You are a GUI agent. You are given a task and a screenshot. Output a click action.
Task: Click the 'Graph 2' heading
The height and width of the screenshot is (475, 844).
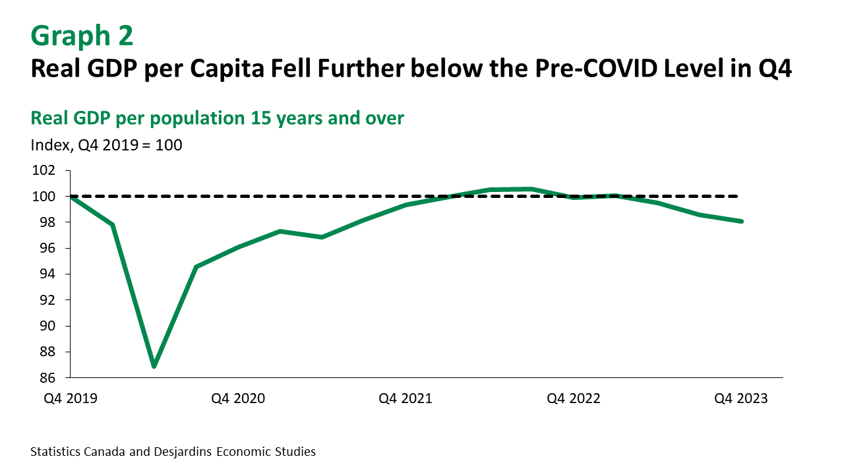pyautogui.click(x=82, y=36)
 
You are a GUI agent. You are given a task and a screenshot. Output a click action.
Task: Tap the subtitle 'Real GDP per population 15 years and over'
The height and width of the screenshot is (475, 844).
pyautogui.click(x=217, y=118)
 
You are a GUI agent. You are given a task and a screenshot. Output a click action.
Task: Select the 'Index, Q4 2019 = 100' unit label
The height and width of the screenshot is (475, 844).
pyautogui.click(x=106, y=144)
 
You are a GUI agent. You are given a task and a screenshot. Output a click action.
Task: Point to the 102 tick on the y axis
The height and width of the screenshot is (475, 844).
pyautogui.click(x=43, y=171)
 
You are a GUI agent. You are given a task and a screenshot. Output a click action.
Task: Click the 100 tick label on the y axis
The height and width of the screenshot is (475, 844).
pyautogui.click(x=43, y=197)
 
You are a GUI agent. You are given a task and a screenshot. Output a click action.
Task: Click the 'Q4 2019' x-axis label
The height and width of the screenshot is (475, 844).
pyautogui.click(x=70, y=398)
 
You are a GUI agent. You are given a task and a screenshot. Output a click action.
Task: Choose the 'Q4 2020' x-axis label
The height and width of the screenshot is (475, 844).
pyautogui.click(x=238, y=398)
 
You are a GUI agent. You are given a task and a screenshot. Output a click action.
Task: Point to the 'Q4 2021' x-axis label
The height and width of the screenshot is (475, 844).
pyautogui.click(x=406, y=398)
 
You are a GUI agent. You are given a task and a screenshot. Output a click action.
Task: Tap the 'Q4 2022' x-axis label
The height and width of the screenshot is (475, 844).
pyautogui.click(x=574, y=398)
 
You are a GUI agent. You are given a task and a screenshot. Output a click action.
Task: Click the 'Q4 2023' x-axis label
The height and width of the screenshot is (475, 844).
pyautogui.click(x=742, y=398)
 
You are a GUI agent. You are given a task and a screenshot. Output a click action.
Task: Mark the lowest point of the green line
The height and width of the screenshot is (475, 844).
pyautogui.click(x=154, y=366)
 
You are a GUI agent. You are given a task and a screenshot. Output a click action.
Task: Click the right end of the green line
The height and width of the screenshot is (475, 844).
pyautogui.click(x=742, y=222)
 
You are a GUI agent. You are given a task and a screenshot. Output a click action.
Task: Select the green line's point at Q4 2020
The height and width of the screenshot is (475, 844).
pyautogui.click(x=238, y=247)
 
